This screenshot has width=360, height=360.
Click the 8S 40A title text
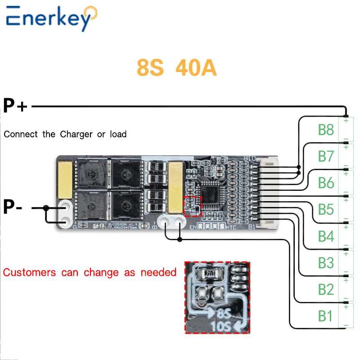[x=177, y=68]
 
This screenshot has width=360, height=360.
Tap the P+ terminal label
[x=15, y=106]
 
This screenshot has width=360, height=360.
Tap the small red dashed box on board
[x=193, y=206]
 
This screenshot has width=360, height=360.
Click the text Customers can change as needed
[x=90, y=272]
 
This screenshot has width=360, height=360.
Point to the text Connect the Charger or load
[x=65, y=134]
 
